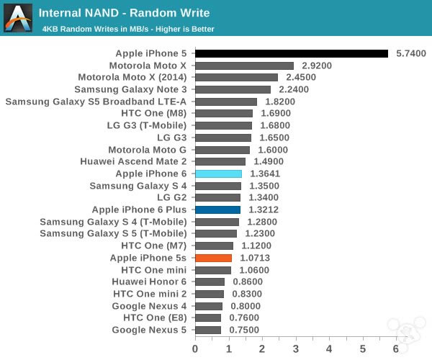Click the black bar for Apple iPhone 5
tap(292, 53)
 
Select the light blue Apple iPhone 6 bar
tap(218, 174)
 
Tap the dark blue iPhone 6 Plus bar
tap(217, 210)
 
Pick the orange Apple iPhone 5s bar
tap(213, 258)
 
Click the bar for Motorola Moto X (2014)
tap(236, 77)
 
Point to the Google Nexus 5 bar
tap(208, 330)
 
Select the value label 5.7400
tap(411, 53)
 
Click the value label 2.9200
tap(317, 66)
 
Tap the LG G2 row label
tap(171, 197)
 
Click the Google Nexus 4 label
tap(149, 305)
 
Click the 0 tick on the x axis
tap(195, 349)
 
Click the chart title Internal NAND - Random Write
tap(124, 12)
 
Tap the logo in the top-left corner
tap(17, 17)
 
